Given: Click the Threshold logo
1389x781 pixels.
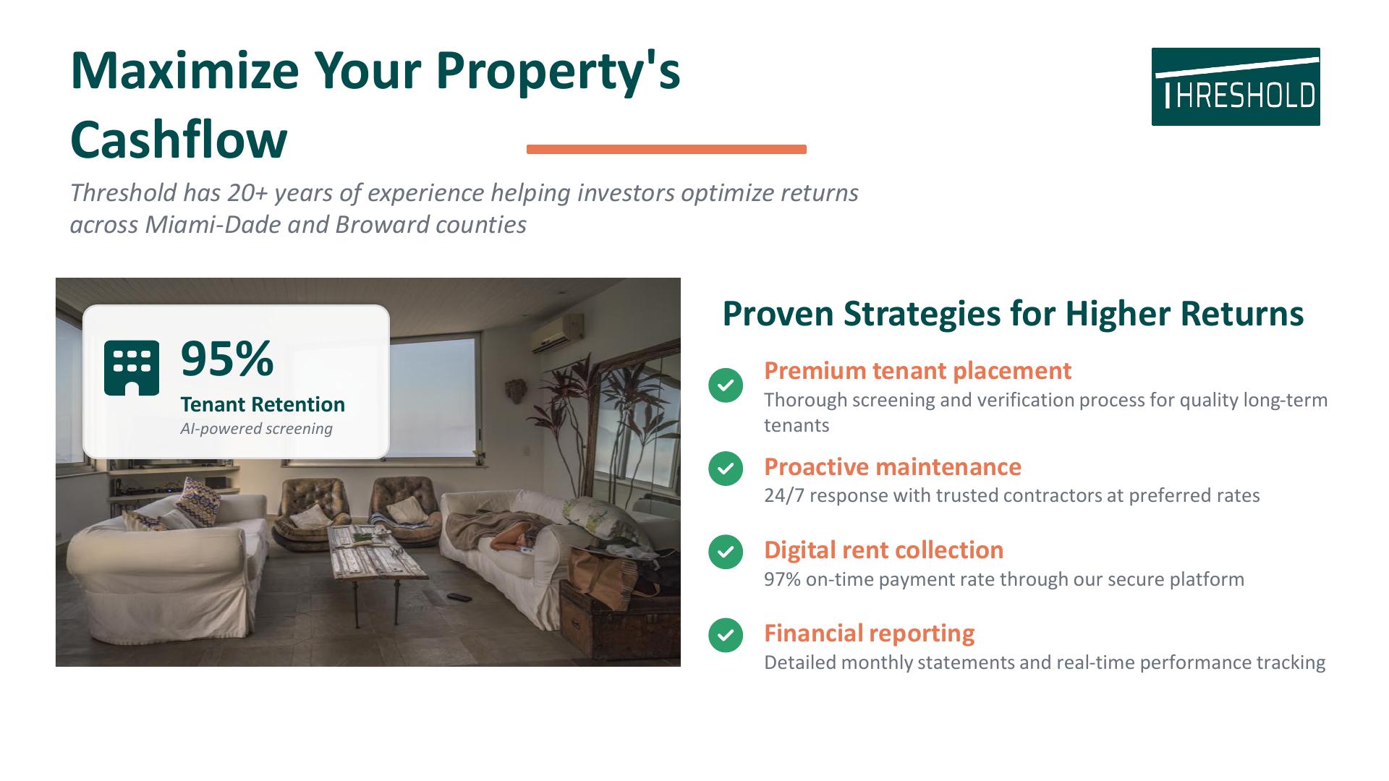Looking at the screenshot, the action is tap(1236, 87).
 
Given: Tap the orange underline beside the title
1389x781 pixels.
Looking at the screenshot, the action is tap(666, 149).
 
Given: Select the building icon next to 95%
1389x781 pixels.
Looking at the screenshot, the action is tap(132, 368).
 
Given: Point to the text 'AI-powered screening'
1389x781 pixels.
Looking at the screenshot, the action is tap(256, 428).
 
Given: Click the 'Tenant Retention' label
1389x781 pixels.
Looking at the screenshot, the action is tap(263, 404).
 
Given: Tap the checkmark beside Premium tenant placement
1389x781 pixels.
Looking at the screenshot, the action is tap(726, 385).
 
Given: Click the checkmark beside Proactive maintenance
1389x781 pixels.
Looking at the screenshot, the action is tap(726, 469).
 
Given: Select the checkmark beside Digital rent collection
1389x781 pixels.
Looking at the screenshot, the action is tap(726, 552).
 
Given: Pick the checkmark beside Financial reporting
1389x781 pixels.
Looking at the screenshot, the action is tap(726, 635).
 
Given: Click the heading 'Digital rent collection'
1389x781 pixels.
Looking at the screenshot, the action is tap(883, 550).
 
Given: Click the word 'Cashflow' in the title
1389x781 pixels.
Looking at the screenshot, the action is tap(179, 139).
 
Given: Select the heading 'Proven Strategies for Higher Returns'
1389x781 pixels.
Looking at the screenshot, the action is tap(1013, 313).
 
